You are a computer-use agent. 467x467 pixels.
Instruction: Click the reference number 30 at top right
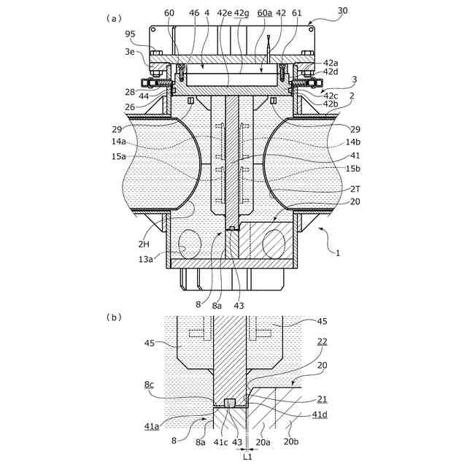[x=342, y=11]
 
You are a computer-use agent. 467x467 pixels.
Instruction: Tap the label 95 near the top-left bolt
[x=130, y=34]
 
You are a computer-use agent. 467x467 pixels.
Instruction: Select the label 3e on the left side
[x=130, y=52]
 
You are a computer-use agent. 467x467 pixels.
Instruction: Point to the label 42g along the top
[x=242, y=13]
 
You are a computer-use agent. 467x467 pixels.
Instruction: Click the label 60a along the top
[x=264, y=13]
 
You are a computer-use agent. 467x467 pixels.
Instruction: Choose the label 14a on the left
[x=118, y=142]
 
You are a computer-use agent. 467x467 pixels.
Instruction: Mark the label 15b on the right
[x=352, y=169]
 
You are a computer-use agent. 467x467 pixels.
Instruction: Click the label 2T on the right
[x=355, y=189]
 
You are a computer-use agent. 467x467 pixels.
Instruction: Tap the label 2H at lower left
[x=144, y=244]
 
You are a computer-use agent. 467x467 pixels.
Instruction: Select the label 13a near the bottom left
[x=145, y=260]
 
